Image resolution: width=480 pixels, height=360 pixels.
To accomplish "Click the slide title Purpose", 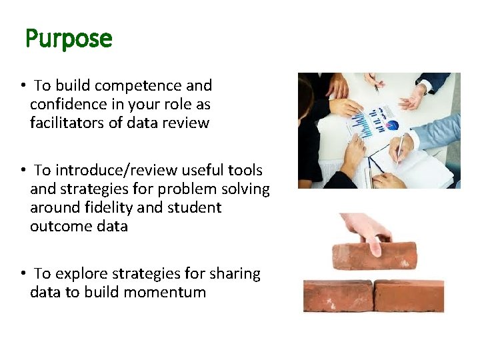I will click(69, 39).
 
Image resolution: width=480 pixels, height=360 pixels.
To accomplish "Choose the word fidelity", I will click(109, 207).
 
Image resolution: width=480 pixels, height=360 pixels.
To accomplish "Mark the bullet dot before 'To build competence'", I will click(23, 86).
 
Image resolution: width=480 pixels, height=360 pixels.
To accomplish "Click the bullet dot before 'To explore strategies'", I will click(23, 274).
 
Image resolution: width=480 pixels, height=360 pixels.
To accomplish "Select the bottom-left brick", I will click(338, 295).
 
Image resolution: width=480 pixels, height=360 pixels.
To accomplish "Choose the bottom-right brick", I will click(409, 295).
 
